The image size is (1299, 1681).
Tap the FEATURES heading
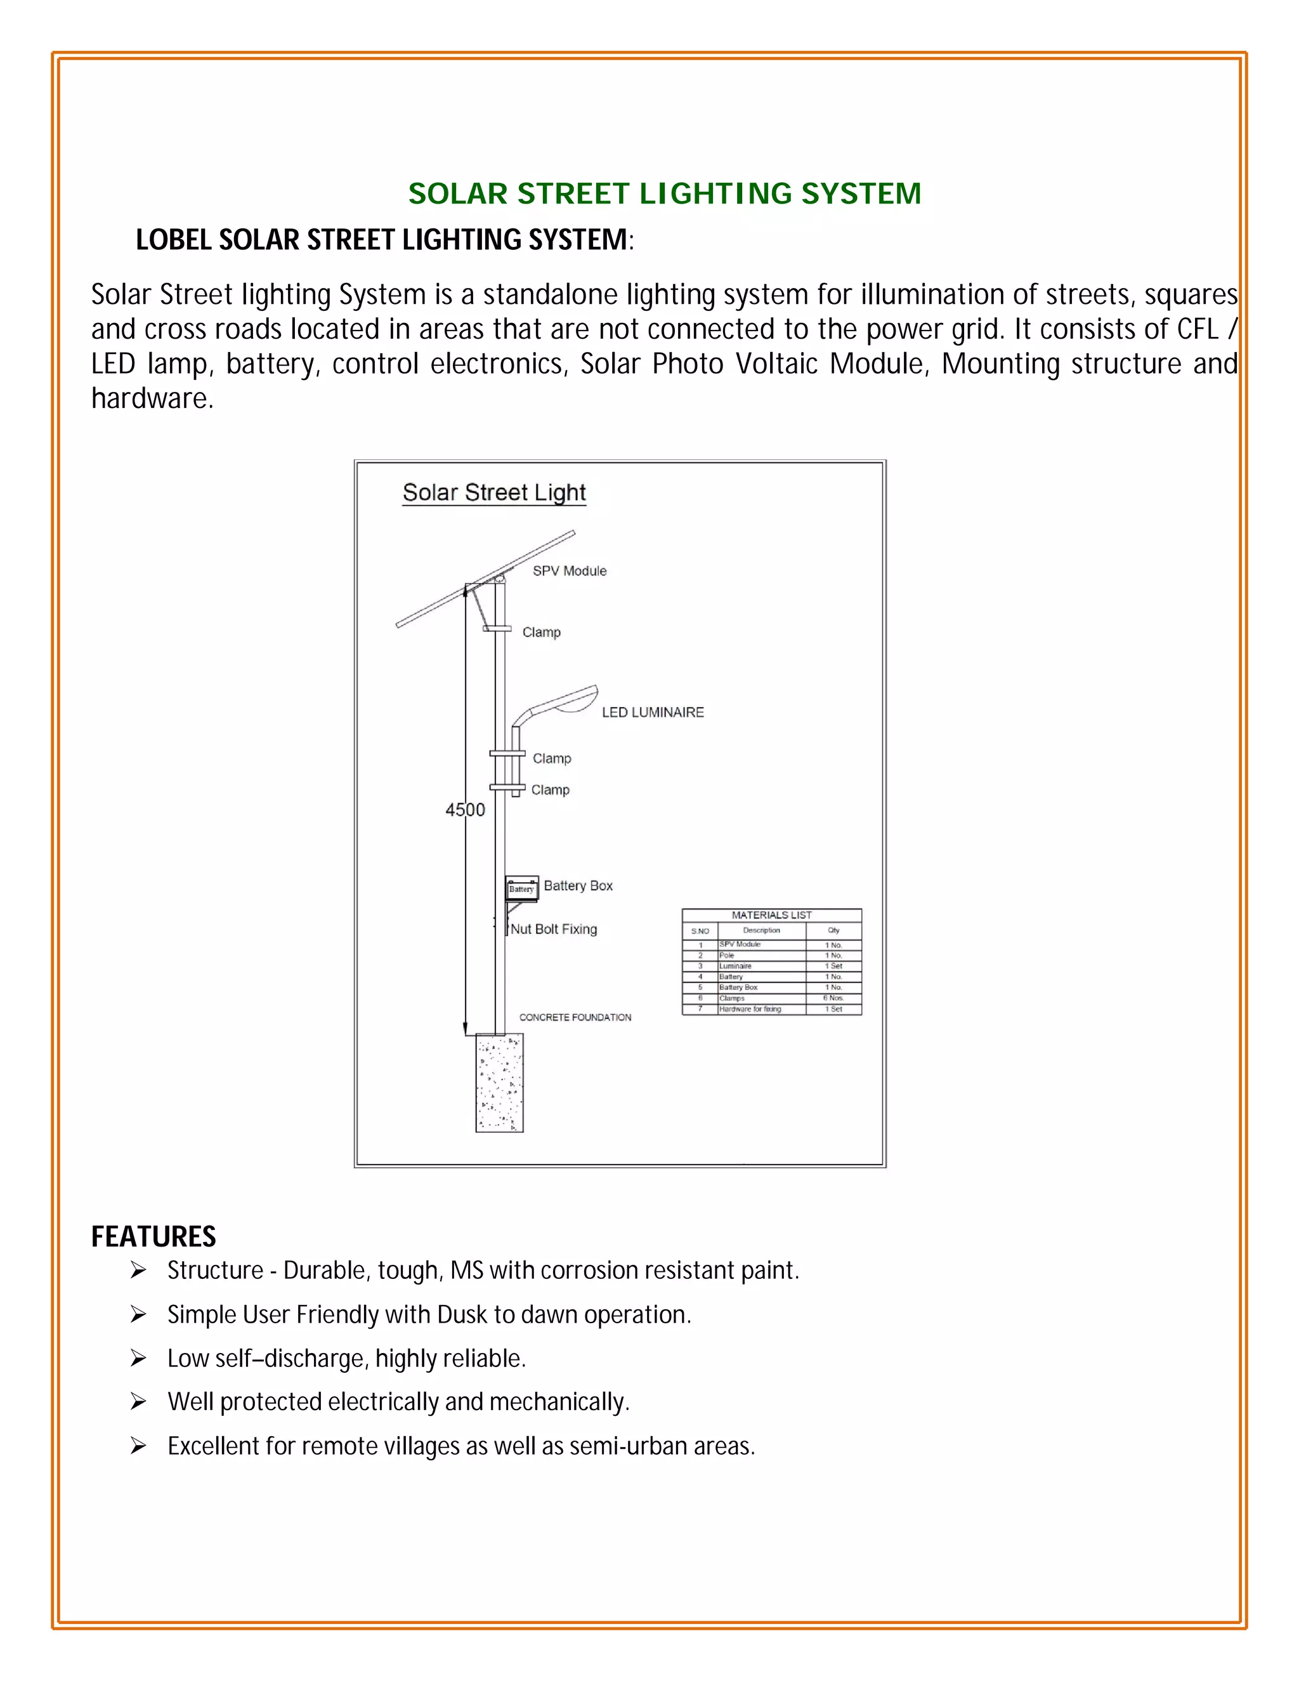click(x=153, y=1236)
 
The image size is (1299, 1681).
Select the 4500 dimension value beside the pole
click(x=465, y=809)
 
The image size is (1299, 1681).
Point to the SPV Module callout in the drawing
click(x=570, y=571)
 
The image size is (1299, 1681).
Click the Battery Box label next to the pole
click(x=578, y=886)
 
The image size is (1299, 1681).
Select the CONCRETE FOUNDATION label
click(x=575, y=1017)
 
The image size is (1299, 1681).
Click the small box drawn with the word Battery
click(x=521, y=889)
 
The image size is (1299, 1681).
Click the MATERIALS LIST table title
click(x=771, y=915)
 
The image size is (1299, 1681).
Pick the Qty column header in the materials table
click(x=833, y=931)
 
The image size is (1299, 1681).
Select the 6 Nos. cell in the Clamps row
click(x=833, y=998)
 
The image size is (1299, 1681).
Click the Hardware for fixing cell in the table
click(x=750, y=1009)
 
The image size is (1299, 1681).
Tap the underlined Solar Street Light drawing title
click(x=494, y=493)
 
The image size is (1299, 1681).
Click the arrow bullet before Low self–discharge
click(x=138, y=1359)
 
